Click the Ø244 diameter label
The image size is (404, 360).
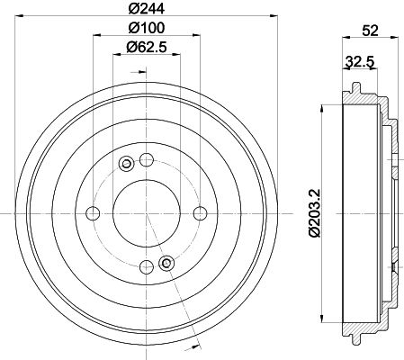[147, 9]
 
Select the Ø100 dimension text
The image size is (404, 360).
[147, 28]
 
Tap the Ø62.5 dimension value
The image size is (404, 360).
[147, 47]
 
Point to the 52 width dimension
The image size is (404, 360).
[371, 31]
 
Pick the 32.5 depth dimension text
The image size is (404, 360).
[360, 62]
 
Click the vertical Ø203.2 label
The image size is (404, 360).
[316, 213]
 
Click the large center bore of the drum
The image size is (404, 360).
[147, 213]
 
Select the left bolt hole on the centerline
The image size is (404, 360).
[93, 213]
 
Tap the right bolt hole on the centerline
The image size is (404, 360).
[200, 213]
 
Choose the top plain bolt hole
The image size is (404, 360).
[147, 159]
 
